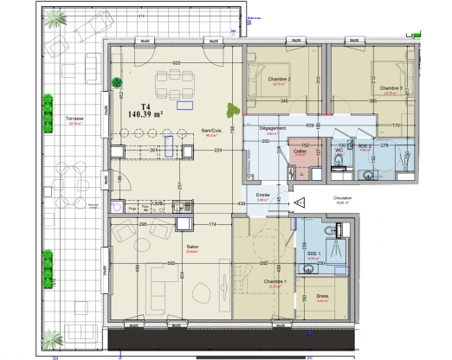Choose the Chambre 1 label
(x=277, y=281)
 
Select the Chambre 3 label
(x=391, y=87)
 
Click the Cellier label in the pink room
(x=300, y=151)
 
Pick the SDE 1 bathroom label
(x=313, y=253)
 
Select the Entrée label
(x=262, y=195)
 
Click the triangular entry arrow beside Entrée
(x=299, y=202)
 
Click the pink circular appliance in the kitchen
(x=119, y=207)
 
